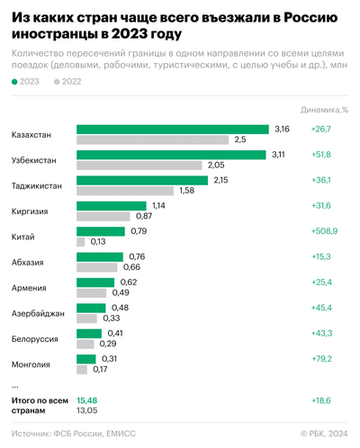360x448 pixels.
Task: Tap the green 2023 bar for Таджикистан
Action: tap(142, 180)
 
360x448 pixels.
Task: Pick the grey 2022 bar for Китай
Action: tap(81, 241)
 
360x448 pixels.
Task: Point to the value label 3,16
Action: tap(283, 130)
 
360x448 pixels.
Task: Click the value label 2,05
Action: tap(216, 166)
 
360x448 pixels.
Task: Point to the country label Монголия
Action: tap(31, 363)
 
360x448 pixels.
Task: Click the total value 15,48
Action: tap(87, 399)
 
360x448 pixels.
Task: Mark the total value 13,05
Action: tap(87, 410)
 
